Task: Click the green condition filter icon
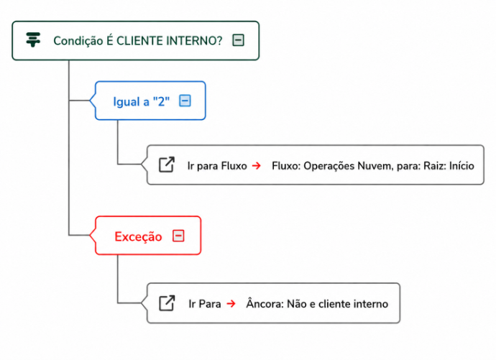33,40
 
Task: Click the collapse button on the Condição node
238,40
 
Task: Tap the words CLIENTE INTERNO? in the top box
170,41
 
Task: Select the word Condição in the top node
78,41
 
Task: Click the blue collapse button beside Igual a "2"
185,101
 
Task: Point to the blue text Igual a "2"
142,102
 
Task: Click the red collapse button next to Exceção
178,236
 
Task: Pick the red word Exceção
138,236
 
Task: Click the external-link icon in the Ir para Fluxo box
167,165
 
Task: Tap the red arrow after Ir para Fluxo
257,165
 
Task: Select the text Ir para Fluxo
217,166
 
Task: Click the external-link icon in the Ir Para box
167,303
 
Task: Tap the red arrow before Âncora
231,304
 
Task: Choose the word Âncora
265,303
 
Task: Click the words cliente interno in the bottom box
354,304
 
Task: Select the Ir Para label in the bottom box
205,304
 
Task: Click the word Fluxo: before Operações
286,166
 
